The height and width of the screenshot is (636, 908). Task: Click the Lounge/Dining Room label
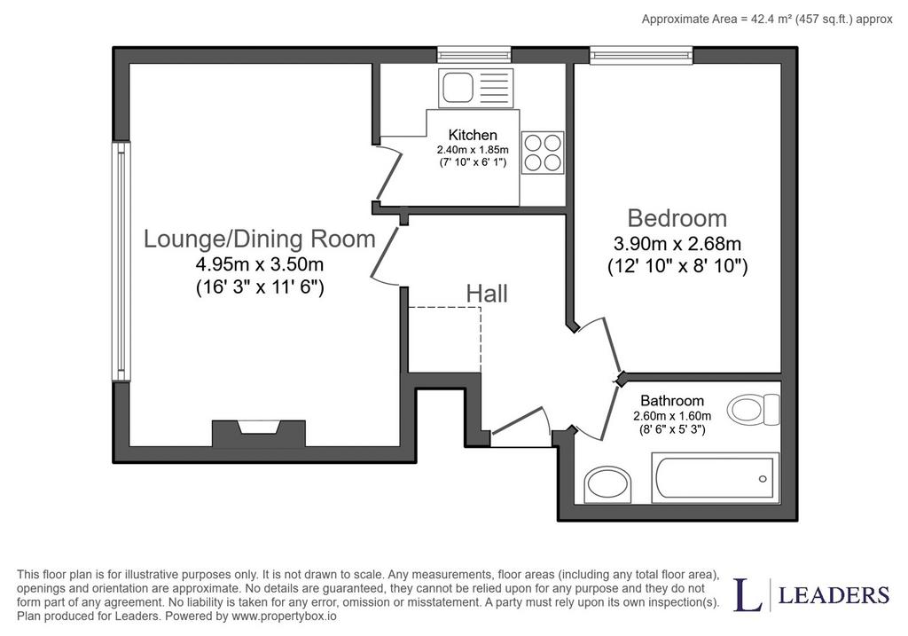(x=260, y=239)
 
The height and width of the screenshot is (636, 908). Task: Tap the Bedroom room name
(x=677, y=218)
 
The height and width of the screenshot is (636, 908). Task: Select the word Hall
(x=487, y=294)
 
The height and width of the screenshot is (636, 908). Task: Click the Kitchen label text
(x=473, y=135)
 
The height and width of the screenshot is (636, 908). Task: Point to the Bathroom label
(x=672, y=400)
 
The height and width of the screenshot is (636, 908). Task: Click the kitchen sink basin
(x=458, y=88)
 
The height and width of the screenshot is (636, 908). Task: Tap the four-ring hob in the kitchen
(x=543, y=153)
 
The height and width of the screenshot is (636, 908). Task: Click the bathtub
(x=716, y=478)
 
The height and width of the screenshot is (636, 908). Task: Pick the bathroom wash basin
(x=607, y=484)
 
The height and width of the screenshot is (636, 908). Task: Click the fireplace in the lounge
(x=258, y=433)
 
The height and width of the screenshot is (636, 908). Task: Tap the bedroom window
(x=642, y=55)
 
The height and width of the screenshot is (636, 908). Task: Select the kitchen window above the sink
(x=474, y=55)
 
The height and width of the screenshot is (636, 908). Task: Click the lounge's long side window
(x=121, y=261)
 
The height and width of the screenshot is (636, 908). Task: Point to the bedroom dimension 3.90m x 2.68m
(x=677, y=244)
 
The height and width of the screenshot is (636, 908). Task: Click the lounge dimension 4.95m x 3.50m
(x=260, y=264)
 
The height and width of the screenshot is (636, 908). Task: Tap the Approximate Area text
(x=767, y=20)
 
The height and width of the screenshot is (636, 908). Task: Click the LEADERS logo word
(x=834, y=595)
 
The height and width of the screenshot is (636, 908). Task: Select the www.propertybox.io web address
(x=284, y=616)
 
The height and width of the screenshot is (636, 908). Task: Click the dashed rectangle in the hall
(x=445, y=340)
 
